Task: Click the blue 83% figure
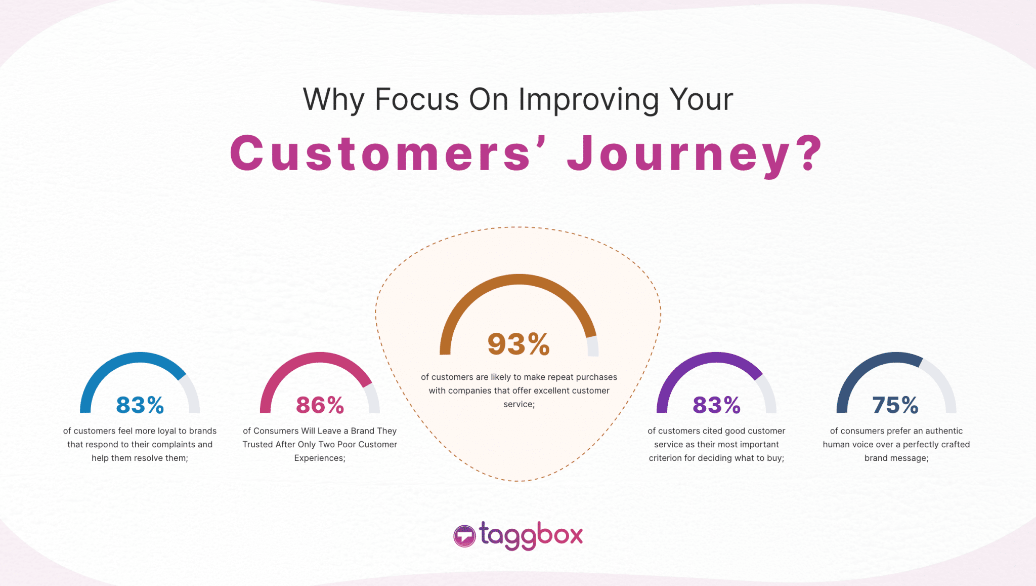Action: (140, 405)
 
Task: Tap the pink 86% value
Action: (320, 405)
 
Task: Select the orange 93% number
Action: (519, 344)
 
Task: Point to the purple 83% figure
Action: (716, 405)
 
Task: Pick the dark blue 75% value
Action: (895, 405)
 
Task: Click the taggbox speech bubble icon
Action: (464, 536)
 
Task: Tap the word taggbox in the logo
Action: (531, 535)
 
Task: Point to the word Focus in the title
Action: (417, 99)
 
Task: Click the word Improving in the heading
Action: (589, 100)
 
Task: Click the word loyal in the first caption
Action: (167, 431)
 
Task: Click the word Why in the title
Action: (333, 100)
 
